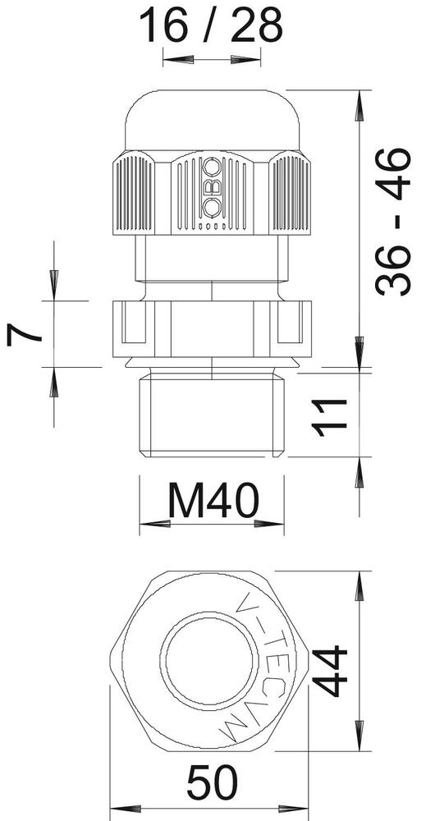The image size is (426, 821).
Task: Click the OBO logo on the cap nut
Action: click(212, 187)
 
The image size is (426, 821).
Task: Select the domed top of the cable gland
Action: click(212, 119)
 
